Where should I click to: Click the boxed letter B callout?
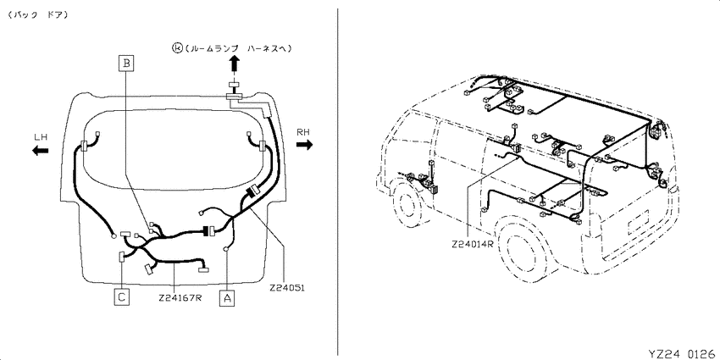126,63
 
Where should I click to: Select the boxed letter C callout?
121,297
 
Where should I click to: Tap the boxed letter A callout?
227,297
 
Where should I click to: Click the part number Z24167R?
180,297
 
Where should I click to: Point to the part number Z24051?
287,288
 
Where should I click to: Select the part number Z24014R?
472,244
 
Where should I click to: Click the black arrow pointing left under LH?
41,150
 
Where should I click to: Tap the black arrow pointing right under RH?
304,145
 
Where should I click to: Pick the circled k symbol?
177,47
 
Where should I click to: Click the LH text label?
41,137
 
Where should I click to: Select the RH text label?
303,132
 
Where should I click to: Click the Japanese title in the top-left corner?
37,14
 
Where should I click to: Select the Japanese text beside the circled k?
238,47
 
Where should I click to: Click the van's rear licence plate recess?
639,220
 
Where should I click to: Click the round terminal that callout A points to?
225,249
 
